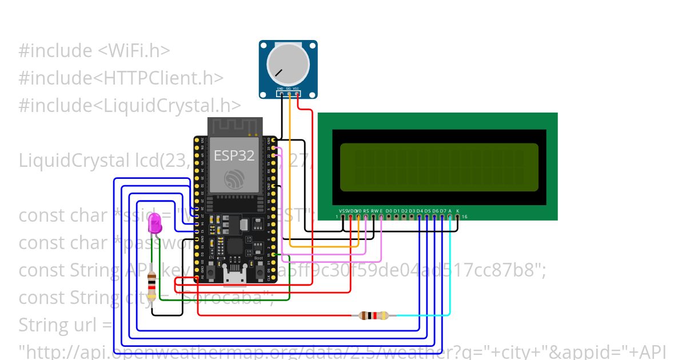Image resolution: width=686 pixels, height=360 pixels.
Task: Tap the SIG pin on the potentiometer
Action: [x=289, y=94]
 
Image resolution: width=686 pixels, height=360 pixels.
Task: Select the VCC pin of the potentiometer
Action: [x=297, y=94]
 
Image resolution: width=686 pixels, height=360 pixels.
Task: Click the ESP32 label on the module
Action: [x=234, y=155]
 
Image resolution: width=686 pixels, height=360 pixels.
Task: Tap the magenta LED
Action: [x=154, y=223]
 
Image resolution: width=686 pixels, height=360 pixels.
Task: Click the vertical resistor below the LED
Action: [x=151, y=286]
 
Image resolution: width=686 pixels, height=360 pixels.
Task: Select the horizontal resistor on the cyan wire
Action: [x=373, y=315]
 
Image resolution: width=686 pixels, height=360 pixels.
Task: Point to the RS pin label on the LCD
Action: [x=366, y=211]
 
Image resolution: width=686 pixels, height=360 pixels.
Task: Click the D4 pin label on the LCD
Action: [x=420, y=211]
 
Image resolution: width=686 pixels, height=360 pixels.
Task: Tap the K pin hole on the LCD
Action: [x=457, y=217]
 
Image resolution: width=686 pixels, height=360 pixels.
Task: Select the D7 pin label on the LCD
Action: [x=442, y=211]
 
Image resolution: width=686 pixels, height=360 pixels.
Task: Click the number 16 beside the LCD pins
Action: [x=464, y=217]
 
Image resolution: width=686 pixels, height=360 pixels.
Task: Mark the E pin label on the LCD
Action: [x=381, y=211]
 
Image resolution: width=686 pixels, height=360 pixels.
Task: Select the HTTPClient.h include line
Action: [x=121, y=78]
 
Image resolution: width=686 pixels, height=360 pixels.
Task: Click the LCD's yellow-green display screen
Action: [x=438, y=167]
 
